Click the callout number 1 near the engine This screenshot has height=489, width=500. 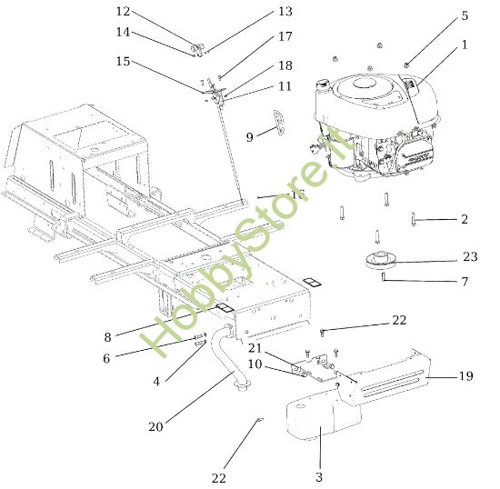(465, 44)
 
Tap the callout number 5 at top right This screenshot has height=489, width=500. (465, 15)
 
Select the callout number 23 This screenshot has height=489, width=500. (469, 257)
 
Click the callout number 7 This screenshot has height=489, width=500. (465, 282)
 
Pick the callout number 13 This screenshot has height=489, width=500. (285, 12)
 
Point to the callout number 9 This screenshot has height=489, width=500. (249, 137)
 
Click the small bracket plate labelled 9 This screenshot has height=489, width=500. (278, 122)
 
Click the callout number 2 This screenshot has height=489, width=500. (465, 219)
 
